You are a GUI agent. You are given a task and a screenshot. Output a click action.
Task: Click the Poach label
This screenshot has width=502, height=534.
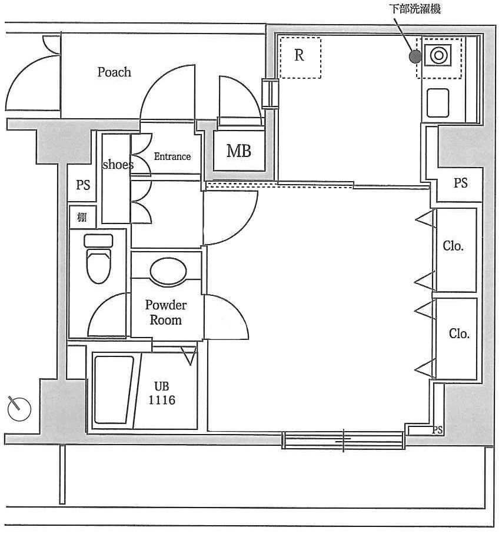(x=114, y=72)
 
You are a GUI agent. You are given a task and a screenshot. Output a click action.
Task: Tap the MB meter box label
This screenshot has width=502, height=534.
(x=239, y=151)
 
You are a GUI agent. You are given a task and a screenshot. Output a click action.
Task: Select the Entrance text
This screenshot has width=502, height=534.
(x=172, y=156)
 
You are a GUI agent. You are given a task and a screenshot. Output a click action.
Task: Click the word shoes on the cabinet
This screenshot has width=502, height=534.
(x=118, y=165)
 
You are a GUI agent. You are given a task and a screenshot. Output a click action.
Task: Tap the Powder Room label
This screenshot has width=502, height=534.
(x=166, y=312)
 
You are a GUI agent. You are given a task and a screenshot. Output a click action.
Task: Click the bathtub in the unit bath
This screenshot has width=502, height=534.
(x=114, y=391)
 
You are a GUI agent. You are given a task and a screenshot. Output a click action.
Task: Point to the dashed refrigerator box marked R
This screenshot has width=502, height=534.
(x=300, y=57)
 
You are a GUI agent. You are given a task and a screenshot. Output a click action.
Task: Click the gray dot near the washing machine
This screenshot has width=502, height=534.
(x=415, y=57)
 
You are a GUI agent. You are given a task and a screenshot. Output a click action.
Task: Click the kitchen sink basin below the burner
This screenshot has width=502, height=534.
(x=438, y=103)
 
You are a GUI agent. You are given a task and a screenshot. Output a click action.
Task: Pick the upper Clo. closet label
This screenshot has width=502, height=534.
(x=453, y=246)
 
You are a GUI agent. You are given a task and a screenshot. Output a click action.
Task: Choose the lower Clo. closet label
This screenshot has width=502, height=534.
(x=459, y=334)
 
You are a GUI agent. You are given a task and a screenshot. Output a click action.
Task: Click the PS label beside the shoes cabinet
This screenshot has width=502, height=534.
(x=83, y=185)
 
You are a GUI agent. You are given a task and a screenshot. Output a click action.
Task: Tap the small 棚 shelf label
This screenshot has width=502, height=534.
(x=82, y=218)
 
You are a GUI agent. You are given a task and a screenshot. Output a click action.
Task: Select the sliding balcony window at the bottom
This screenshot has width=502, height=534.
(x=343, y=440)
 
